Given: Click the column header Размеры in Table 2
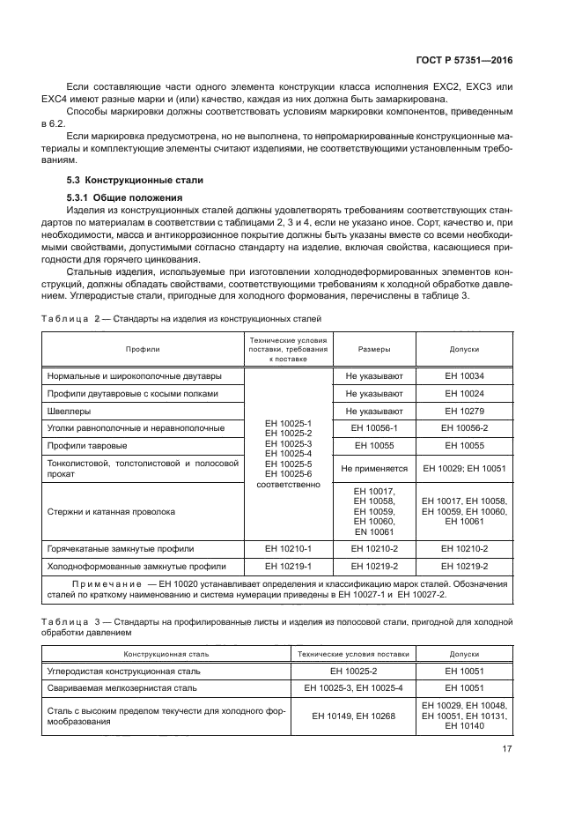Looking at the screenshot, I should point(374,349).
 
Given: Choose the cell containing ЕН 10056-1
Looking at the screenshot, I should point(374,427).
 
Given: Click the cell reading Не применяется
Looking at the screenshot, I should point(374,468).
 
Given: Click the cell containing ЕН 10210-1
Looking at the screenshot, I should point(288,548).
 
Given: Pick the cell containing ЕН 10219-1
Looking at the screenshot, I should point(288,566).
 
